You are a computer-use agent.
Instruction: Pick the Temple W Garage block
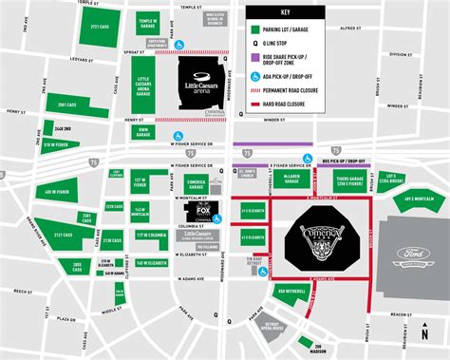(146, 24)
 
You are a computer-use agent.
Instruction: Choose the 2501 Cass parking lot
(66, 105)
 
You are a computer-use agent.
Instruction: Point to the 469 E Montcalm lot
(419, 198)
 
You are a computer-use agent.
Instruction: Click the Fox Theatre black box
(199, 211)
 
